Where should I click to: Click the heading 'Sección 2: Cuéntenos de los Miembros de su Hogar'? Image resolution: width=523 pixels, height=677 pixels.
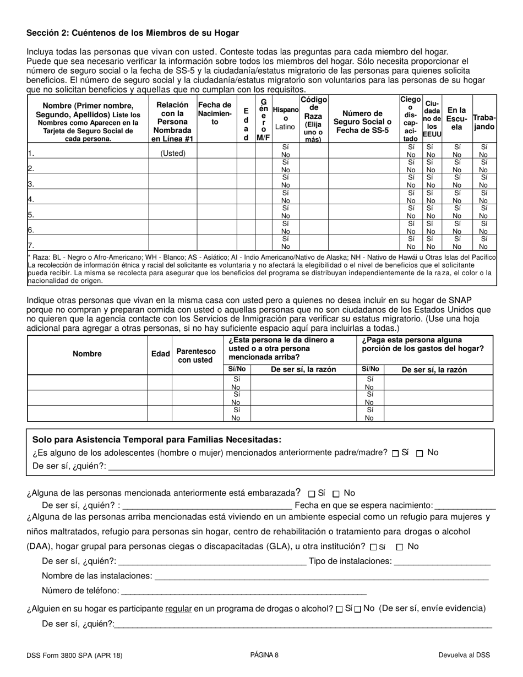coord(133,33)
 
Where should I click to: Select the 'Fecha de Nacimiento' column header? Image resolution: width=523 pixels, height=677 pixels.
coord(215,113)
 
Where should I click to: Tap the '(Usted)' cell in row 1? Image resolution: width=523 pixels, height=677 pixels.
coord(173,154)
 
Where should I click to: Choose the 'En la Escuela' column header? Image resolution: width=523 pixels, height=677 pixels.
coord(456,118)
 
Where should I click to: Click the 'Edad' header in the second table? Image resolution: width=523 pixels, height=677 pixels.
coord(160,354)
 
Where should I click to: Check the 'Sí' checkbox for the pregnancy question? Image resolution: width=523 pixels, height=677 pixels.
coord(312,494)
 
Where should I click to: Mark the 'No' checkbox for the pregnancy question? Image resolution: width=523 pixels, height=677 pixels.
coord(337,494)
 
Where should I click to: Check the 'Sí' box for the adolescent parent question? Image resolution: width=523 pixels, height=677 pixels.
coord(395,454)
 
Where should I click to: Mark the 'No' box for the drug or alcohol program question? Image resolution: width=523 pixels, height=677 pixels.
coord(358,609)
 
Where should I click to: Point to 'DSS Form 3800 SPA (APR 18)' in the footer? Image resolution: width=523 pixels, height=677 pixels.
coord(74,655)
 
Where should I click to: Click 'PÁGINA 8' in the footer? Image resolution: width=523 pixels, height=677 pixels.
coord(264,655)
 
